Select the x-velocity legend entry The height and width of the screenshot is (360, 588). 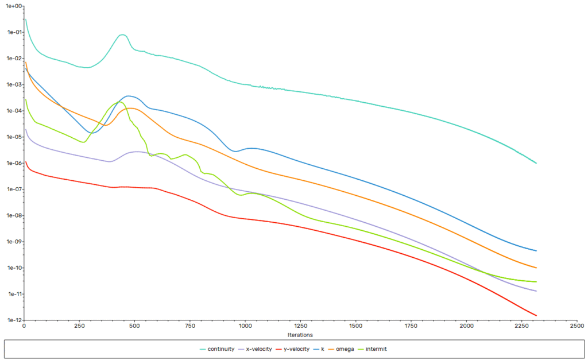258,349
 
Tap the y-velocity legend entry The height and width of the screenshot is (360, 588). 297,349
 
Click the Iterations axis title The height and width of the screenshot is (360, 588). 300,334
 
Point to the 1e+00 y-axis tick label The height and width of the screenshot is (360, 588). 13,6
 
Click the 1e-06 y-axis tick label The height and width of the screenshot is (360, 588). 13,163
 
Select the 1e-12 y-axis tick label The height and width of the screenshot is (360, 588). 13,320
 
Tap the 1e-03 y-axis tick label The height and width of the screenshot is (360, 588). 13,85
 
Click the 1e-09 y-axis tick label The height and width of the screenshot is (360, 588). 13,242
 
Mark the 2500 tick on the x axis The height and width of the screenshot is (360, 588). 577,326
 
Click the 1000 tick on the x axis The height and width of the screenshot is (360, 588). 245,326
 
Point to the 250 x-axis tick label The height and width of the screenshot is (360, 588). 79,326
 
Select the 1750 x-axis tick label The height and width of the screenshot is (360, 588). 411,326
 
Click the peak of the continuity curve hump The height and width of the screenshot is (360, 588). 122,34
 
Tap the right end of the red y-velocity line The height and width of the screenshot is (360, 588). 536,315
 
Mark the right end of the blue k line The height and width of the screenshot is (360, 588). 536,251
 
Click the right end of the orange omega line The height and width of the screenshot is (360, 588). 536,268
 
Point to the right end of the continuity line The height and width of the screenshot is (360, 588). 536,163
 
